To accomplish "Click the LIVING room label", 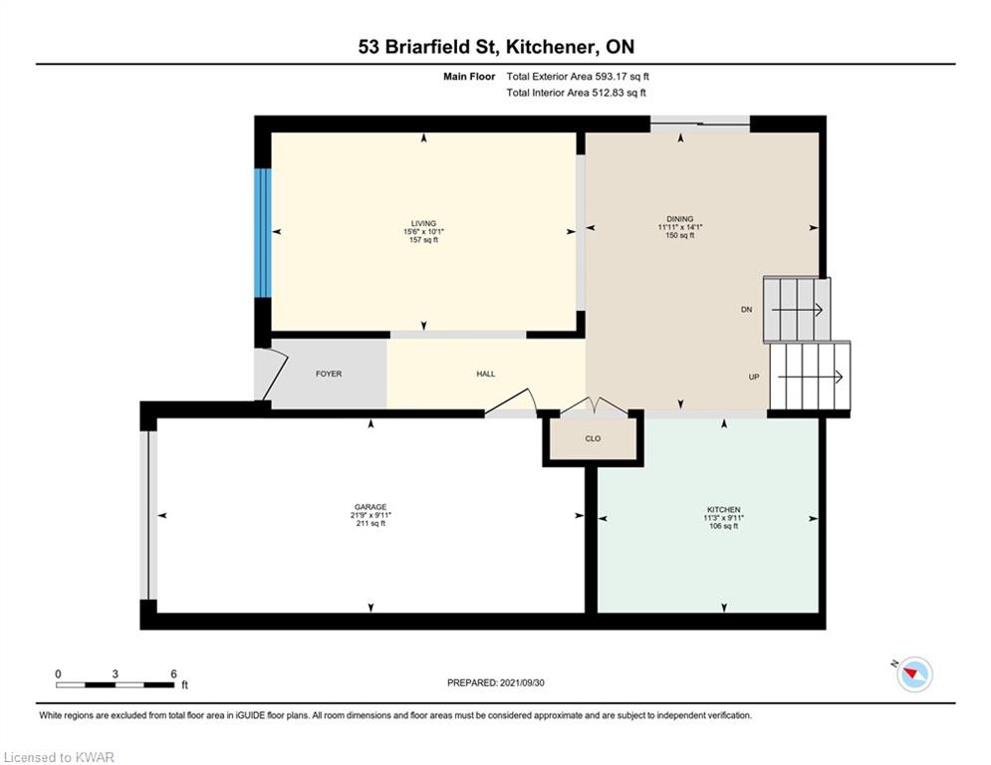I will coord(424,223).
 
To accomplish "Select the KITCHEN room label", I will coord(722,509).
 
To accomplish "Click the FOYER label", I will coord(329,375).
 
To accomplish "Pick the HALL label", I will coord(485,375).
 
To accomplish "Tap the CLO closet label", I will coord(593,438).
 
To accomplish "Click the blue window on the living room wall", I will coord(263,232).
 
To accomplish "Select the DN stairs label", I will coord(746,310).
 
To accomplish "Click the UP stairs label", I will coord(754,378).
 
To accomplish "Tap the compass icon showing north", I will coord(913,674).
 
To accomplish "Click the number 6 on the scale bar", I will coord(173,674).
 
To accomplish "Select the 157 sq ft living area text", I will coord(424,240).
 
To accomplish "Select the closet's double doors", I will coord(593,406).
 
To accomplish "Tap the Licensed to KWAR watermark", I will coord(60,758).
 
